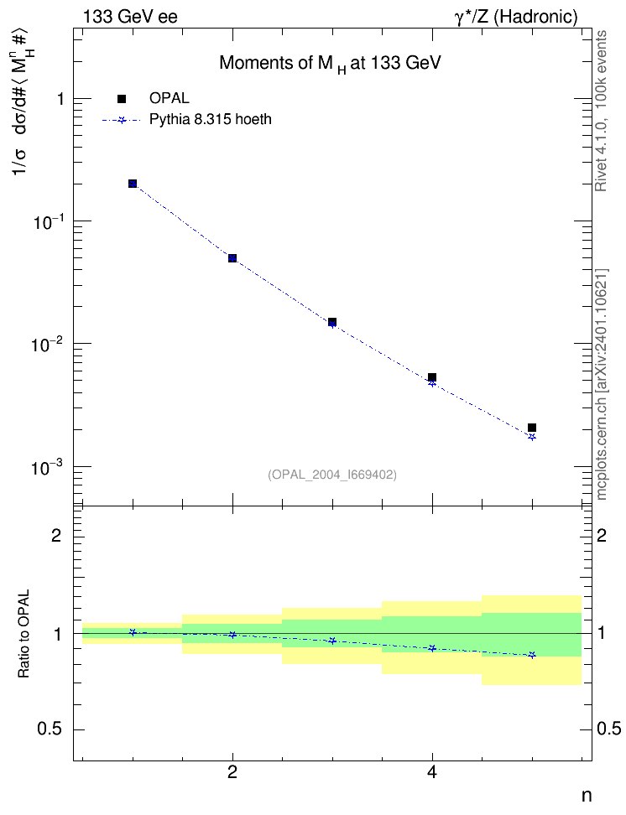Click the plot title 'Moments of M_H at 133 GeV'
tap(330, 64)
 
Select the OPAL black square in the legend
tap(122, 99)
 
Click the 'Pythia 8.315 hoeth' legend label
tap(211, 120)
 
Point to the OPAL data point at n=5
tap(532, 428)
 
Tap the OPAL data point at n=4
tap(432, 377)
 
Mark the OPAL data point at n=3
tap(332, 322)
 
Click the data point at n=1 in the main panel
tap(133, 184)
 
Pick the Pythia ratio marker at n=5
tap(532, 655)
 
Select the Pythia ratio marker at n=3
tap(332, 641)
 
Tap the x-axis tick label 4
tap(432, 773)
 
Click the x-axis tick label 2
tap(232, 773)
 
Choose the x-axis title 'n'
tap(587, 796)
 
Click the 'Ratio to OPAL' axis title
tap(23, 634)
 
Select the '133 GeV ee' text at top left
tap(130, 17)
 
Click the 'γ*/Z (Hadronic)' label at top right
tap(516, 17)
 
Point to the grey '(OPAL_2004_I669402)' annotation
tap(332, 475)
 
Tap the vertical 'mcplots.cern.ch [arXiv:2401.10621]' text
tap(602, 384)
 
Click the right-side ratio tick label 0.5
tap(609, 729)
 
